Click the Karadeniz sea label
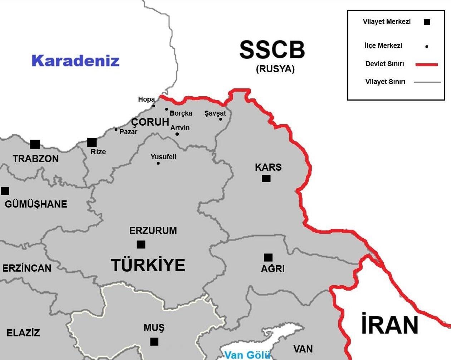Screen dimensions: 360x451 click(75, 60)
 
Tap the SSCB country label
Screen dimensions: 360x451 click(272, 50)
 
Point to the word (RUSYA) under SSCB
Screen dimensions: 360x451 click(275, 69)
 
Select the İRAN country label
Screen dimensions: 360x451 click(389, 325)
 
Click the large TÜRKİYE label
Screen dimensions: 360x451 click(148, 265)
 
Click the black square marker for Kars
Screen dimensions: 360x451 click(266, 178)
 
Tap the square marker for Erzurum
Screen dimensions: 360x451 click(141, 244)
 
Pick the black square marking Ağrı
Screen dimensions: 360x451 click(268, 257)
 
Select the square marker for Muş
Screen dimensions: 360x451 click(154, 342)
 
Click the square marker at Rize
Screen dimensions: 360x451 click(92, 142)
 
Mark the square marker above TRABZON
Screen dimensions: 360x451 click(35, 144)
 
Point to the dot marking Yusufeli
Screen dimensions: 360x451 click(158, 163)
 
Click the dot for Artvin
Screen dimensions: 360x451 click(177, 134)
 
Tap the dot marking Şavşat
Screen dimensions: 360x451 click(221, 119)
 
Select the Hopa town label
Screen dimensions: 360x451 click(146, 99)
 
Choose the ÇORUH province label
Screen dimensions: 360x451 click(150, 122)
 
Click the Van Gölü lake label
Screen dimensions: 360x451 click(247, 355)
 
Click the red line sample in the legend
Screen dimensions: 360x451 click(426, 65)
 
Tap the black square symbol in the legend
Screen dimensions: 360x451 click(427, 22)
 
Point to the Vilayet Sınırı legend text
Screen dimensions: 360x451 click(385, 82)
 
